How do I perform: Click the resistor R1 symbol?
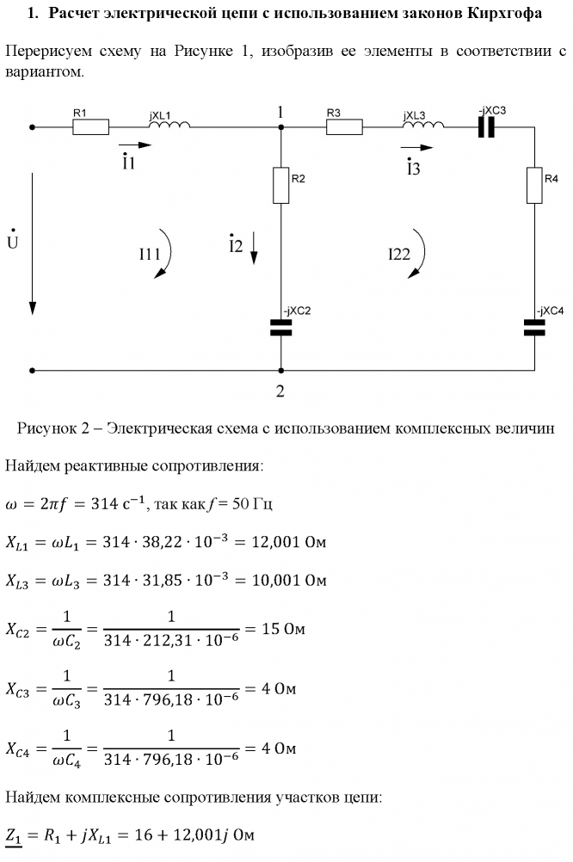90,127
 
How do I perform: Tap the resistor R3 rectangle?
344,127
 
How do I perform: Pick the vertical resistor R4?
534,185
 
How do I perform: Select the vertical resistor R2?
281,185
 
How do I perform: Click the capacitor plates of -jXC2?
281,327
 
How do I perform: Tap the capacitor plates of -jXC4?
534,327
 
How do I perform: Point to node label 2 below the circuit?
280,391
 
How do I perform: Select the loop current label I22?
399,255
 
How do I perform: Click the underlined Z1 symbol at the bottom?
15,835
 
